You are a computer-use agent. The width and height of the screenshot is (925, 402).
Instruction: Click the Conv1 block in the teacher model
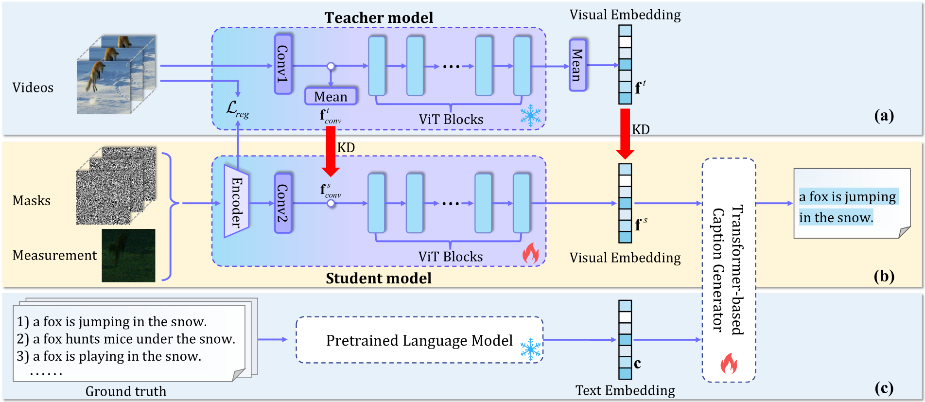coord(283,64)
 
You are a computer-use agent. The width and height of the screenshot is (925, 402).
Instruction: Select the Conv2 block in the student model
coord(283,203)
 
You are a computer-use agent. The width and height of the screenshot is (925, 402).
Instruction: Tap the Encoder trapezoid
coord(236,201)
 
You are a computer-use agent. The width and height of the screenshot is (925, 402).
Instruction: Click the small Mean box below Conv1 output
coord(331,96)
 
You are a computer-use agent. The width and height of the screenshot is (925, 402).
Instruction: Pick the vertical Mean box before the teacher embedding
coord(577,65)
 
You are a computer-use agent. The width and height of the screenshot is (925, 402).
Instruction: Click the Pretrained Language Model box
coord(419,340)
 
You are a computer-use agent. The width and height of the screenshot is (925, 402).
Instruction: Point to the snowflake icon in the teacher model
coord(530,116)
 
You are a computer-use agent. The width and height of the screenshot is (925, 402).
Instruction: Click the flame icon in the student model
coord(530,253)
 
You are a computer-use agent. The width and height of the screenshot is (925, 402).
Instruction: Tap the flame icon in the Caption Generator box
coord(729,363)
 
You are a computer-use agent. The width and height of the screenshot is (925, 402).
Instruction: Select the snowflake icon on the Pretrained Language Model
coord(530,350)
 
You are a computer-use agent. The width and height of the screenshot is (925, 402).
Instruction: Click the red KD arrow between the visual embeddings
coord(625,134)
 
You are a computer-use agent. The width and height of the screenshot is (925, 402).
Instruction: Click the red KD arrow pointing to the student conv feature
coord(331,151)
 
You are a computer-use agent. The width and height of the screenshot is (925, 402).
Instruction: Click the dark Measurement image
coord(128,255)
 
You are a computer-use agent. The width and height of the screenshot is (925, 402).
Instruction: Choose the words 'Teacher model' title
coord(379,17)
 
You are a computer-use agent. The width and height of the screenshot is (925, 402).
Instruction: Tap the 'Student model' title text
coord(379,278)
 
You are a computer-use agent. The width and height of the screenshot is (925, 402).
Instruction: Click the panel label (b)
coord(884,276)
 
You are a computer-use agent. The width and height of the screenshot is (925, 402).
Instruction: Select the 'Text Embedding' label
coord(625,390)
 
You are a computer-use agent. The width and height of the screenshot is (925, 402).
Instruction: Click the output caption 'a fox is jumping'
coord(847,197)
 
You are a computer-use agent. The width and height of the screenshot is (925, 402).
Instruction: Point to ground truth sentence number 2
coord(126,339)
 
